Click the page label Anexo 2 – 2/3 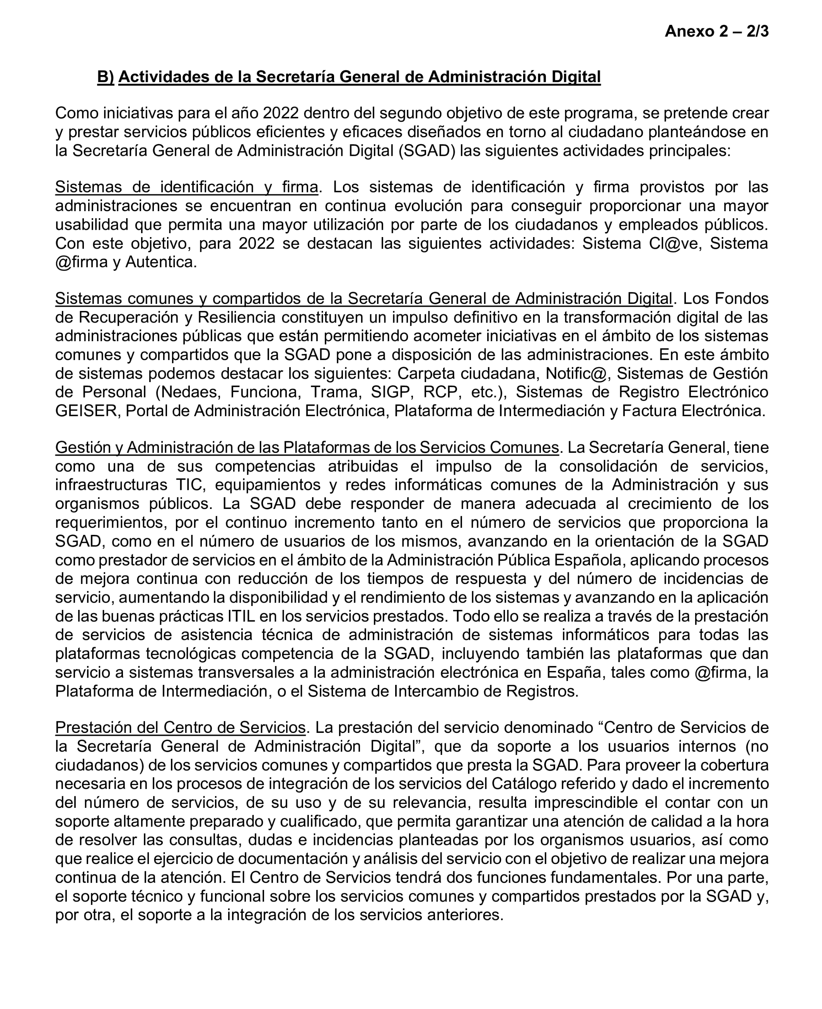716,31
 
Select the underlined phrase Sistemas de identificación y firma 187,187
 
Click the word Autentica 160,262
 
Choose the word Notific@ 576,374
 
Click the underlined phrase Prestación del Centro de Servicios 181,727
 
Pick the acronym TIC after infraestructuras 189,485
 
